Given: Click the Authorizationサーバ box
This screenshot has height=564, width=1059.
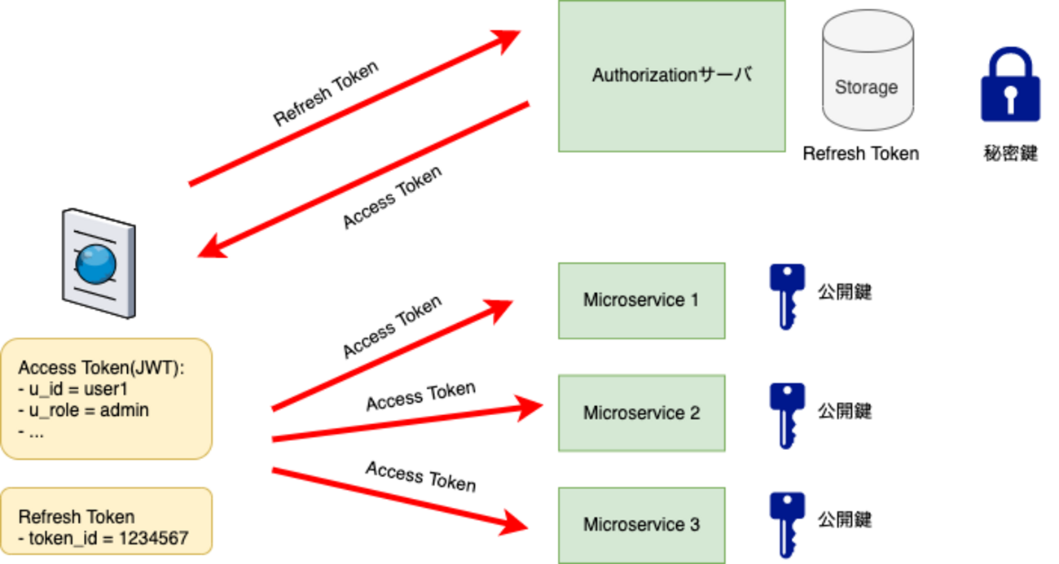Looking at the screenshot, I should pos(671,76).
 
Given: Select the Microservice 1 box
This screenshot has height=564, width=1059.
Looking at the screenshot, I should pos(641,300).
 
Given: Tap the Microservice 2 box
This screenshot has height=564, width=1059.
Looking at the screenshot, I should pos(641,413).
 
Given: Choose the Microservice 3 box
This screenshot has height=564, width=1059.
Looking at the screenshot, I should pos(641,525).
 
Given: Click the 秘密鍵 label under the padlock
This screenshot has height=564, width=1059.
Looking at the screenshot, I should pos(1010,153).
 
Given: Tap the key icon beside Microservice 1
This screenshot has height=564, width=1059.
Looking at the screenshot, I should pos(786,295).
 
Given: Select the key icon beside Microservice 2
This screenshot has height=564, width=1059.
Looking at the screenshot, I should pos(786,414).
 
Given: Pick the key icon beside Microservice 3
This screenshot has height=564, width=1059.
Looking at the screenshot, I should pos(786,523).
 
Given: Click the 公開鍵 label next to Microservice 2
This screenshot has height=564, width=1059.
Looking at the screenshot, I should pos(845,410).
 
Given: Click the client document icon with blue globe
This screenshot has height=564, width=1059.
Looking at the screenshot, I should pos(99,262).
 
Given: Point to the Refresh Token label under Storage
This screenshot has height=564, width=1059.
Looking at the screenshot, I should pos(860,153).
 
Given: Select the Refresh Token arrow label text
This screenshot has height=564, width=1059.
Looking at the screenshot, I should pos(326,94).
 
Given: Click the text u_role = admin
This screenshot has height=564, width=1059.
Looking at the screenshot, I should pos(88,410).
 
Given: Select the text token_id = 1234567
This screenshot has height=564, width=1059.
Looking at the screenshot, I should pos(108,538).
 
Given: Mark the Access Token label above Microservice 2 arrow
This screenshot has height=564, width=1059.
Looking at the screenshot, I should pos(420,396).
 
